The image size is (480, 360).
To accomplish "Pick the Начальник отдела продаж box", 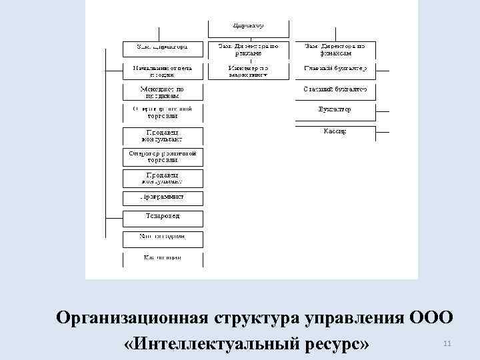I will pyautogui.click(x=163, y=71).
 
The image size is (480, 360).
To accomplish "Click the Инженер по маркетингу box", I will pyautogui.click(x=249, y=71).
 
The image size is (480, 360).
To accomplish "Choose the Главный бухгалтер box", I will pyautogui.click(x=335, y=68).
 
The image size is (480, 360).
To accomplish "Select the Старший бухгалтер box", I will pyautogui.click(x=335, y=89).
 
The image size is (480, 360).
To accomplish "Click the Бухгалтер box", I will pyautogui.click(x=335, y=109).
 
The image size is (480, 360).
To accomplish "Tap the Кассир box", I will pyautogui.click(x=335, y=131).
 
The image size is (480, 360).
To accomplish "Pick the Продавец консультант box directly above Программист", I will pyautogui.click(x=163, y=177).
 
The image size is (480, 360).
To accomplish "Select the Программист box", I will pyautogui.click(x=163, y=197).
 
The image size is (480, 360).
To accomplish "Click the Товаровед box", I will pyautogui.click(x=163, y=217).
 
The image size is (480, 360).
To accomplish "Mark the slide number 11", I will pyautogui.click(x=447, y=343).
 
